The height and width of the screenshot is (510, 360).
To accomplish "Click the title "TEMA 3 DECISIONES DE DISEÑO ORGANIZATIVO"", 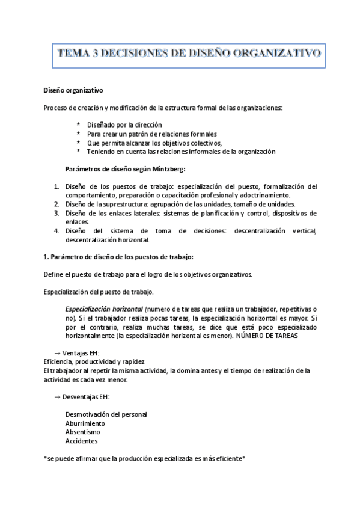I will (x=189, y=54).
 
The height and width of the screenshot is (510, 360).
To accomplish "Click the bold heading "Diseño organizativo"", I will (x=73, y=91).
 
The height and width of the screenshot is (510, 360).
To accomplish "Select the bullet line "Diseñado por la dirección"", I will (x=124, y=124).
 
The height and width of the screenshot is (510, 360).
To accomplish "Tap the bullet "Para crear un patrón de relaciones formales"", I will (x=152, y=134).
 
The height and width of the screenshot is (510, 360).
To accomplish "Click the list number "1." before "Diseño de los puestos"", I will (x=56, y=186).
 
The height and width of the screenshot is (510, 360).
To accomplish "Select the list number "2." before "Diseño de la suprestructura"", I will (x=56, y=204).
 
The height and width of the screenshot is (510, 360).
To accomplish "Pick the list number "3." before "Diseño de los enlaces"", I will (x=56, y=213).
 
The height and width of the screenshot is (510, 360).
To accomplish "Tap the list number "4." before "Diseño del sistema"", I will (x=56, y=230).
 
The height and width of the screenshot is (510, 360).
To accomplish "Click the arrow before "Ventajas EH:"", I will (x=57, y=353).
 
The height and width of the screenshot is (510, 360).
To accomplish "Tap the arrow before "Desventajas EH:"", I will (x=57, y=397).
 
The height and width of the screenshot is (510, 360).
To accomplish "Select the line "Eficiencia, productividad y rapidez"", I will (x=94, y=362).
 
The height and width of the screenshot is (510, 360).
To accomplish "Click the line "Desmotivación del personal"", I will (x=106, y=414).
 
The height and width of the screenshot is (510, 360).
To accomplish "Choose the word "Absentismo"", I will (x=82, y=432).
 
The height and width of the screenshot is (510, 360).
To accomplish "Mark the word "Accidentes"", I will (x=81, y=441).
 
